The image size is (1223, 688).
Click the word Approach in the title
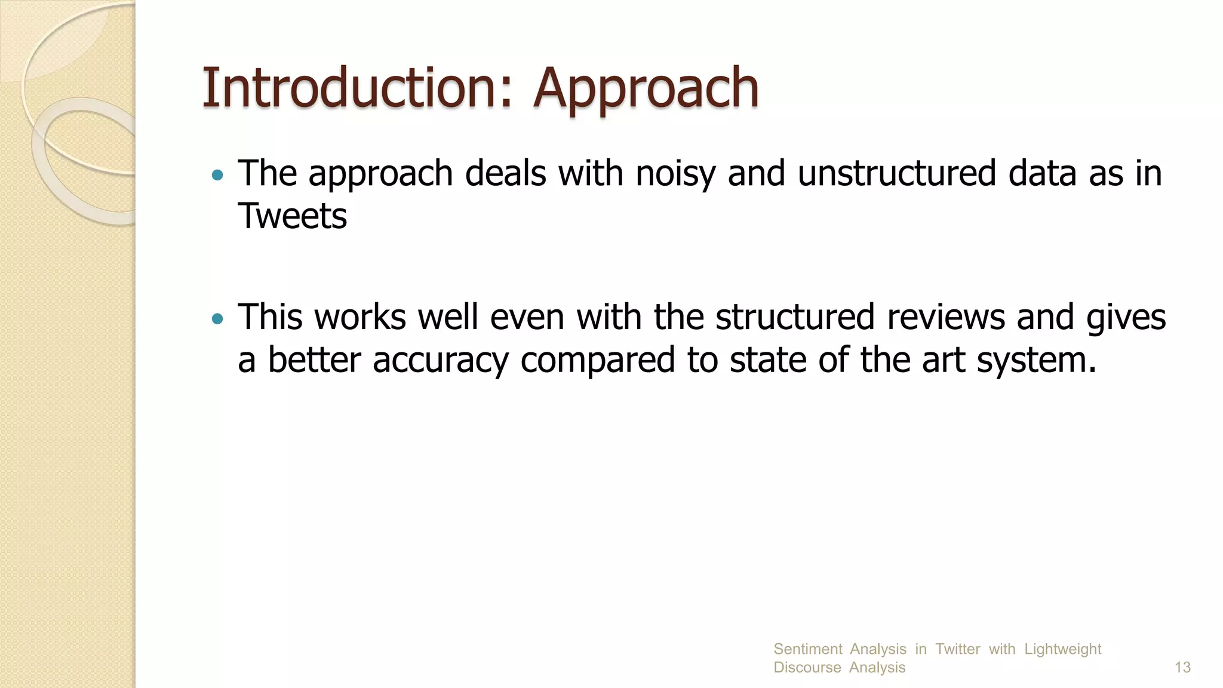point(646,90)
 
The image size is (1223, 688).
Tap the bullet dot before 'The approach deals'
point(217,176)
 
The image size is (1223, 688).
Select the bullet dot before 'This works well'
point(217,319)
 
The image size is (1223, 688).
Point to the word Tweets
point(292,216)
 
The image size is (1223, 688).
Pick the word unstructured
point(897,173)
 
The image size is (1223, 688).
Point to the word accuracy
point(440,361)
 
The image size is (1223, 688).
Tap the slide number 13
point(1182,667)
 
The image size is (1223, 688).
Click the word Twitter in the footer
point(957,649)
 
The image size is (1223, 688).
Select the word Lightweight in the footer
point(1062,649)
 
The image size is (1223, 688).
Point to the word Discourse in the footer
point(807,667)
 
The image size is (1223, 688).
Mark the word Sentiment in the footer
point(807,649)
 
